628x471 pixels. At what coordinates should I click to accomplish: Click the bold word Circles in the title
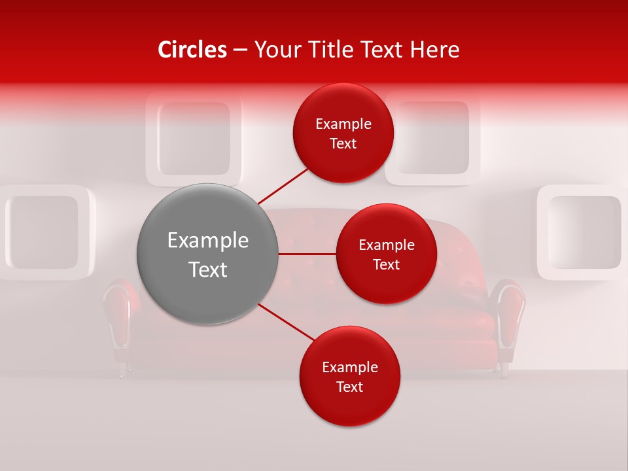(192, 50)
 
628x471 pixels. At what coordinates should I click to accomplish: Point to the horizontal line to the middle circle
(307, 254)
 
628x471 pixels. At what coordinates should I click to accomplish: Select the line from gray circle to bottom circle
(287, 322)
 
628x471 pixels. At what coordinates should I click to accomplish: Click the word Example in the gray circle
(208, 241)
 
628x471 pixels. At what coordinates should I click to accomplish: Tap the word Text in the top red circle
(343, 144)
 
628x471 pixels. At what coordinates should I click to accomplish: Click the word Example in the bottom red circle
(349, 368)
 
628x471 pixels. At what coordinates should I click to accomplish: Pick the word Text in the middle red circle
(386, 264)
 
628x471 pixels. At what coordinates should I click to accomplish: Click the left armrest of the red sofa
(120, 314)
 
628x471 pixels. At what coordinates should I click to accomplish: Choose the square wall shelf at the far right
(582, 232)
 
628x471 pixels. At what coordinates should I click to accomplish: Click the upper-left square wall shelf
(194, 139)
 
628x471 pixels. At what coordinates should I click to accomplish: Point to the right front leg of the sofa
(504, 369)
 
